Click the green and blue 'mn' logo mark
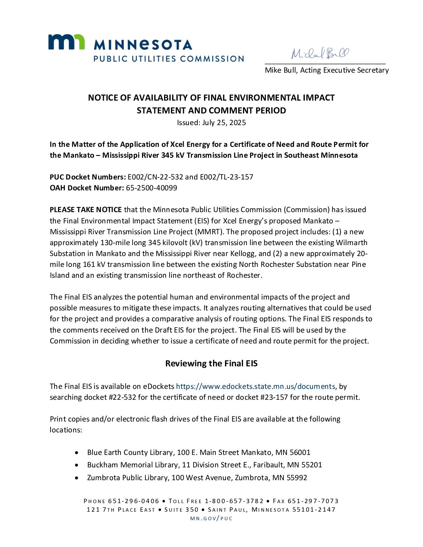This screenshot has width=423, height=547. coord(66,42)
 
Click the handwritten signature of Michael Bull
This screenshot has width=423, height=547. coord(320,53)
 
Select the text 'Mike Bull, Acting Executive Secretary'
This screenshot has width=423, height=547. coord(327,70)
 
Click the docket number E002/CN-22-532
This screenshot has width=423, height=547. coord(155,177)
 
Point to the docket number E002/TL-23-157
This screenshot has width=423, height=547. coord(226,177)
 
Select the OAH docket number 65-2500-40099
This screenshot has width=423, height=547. coord(151,188)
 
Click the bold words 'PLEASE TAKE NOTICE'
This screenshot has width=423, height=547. coord(86,210)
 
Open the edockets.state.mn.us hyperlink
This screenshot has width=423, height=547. coord(255,387)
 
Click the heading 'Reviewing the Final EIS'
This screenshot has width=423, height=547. coord(211,364)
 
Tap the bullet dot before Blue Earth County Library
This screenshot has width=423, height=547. coord(77,453)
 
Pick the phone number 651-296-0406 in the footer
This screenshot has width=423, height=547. coord(134,501)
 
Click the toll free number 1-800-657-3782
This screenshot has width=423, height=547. coord(234,501)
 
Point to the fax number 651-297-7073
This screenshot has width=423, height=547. coord(313,501)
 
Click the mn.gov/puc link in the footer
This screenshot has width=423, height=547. coord(211,519)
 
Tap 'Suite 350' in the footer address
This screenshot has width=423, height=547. coord(181,510)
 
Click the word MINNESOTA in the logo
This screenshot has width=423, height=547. coord(143,45)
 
